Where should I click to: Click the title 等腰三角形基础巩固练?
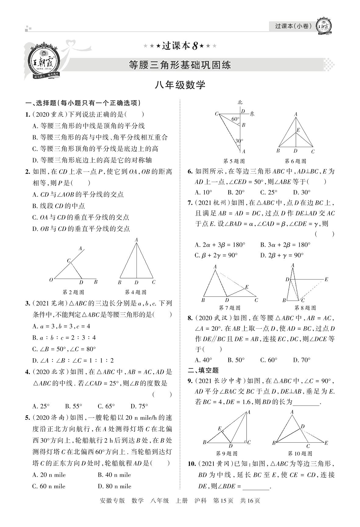tap(180, 65)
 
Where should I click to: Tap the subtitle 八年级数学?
tap(180, 85)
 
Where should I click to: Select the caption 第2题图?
tap(73, 292)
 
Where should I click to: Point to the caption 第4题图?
tap(136, 292)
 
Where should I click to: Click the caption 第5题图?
tap(234, 161)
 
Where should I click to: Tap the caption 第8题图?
tap(305, 308)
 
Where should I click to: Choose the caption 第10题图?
tap(300, 453)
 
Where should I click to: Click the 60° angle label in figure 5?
tap(235, 119)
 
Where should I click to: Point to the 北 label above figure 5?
tap(240, 103)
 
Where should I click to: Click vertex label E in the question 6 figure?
tap(298, 130)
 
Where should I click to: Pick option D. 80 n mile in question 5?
tap(115, 486)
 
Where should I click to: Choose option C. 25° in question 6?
tap(269, 192)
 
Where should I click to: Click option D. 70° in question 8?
tap(302, 360)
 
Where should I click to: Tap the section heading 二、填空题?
tap(204, 370)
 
